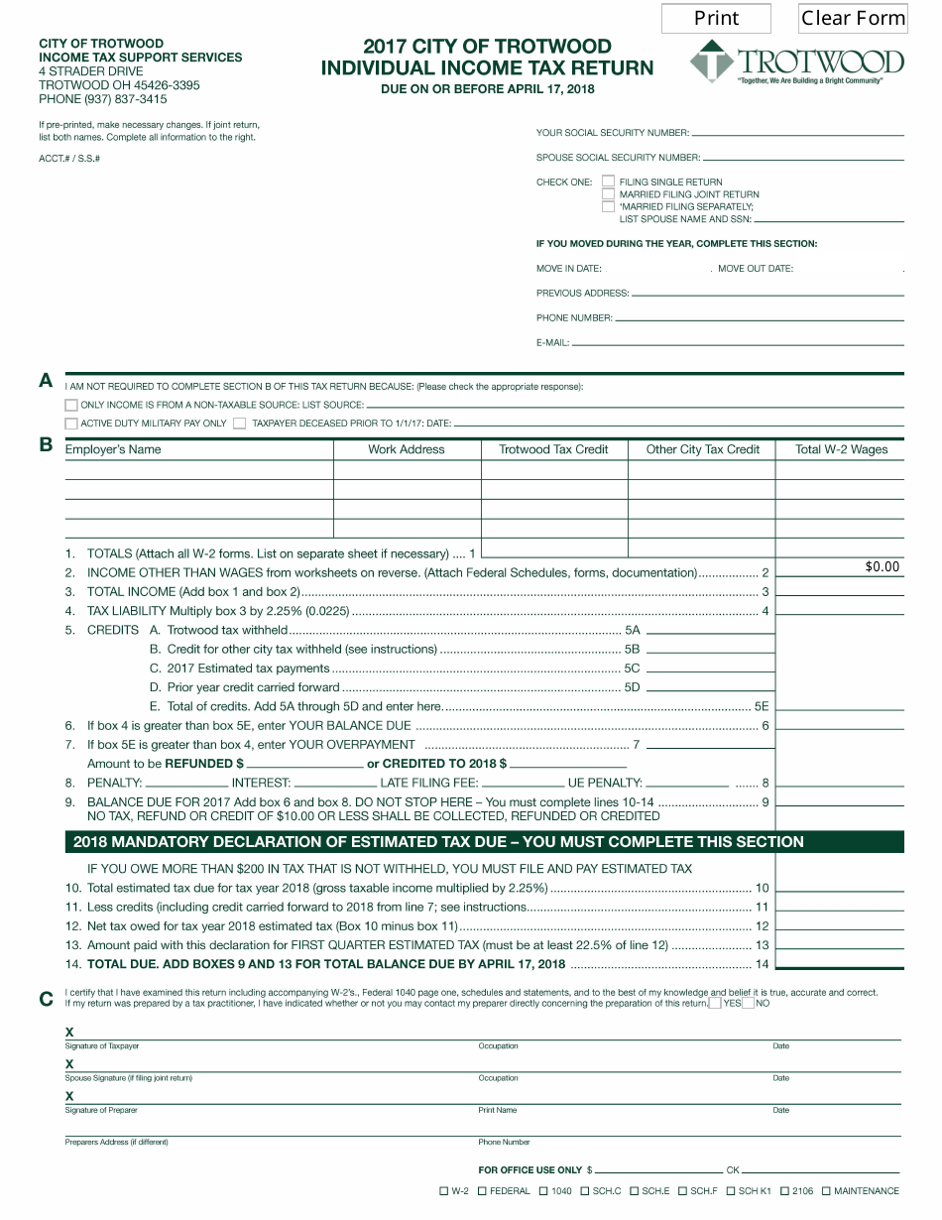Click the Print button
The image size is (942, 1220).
(x=716, y=18)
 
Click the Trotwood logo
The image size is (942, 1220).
(x=796, y=62)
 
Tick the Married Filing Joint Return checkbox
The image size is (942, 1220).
(x=608, y=194)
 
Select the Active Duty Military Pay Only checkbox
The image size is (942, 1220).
(x=71, y=424)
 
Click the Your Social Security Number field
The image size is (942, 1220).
(x=797, y=132)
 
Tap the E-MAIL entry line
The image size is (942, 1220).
(x=738, y=342)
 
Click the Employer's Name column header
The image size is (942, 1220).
(x=113, y=449)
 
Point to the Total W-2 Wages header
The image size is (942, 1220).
(x=841, y=449)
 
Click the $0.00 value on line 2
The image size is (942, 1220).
(x=882, y=566)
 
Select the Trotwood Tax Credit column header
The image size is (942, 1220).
(x=553, y=449)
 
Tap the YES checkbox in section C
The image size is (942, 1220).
(x=715, y=1003)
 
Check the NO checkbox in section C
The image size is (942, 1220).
(x=749, y=1003)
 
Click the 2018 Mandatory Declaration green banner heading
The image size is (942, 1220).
(x=436, y=842)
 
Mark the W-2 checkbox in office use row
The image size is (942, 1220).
(x=443, y=1191)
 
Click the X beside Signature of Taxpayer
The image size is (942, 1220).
(x=69, y=1033)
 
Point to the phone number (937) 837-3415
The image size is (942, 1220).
(x=103, y=99)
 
